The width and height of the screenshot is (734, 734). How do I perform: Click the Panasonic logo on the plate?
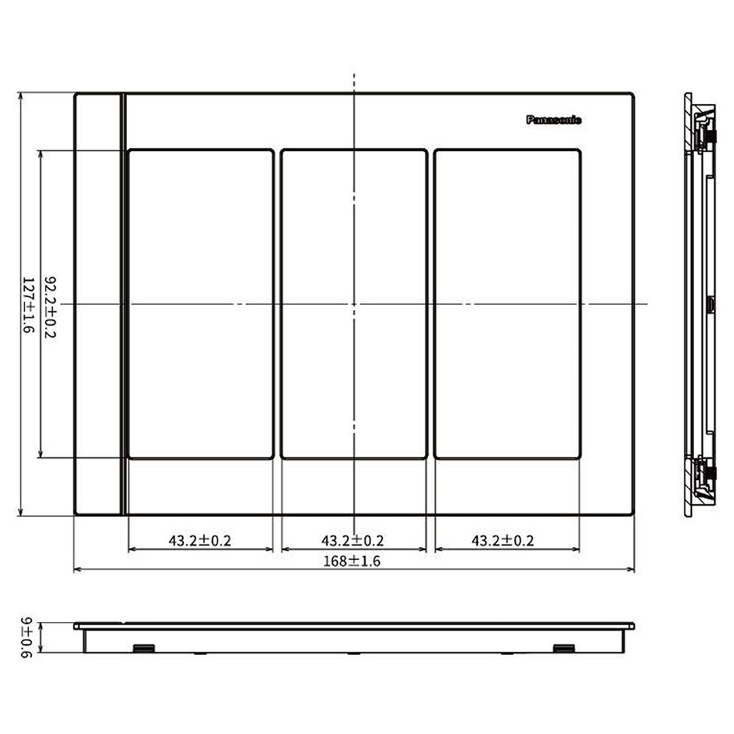pyautogui.click(x=554, y=120)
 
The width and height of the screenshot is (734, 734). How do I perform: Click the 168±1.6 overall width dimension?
pyautogui.click(x=352, y=561)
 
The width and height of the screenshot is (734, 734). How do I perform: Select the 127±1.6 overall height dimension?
pyautogui.click(x=29, y=304)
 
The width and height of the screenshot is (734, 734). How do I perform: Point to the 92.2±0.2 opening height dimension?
pyautogui.click(x=50, y=307)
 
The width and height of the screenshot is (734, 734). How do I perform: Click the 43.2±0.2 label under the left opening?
pyautogui.click(x=200, y=541)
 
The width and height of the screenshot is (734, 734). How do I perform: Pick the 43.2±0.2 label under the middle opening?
pyautogui.click(x=353, y=541)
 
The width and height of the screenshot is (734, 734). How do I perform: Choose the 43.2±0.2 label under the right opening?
pyautogui.click(x=503, y=541)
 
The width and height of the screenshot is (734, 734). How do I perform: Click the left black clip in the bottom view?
pyautogui.click(x=144, y=648)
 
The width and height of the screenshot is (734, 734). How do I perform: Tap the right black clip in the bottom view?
pyautogui.click(x=564, y=648)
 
